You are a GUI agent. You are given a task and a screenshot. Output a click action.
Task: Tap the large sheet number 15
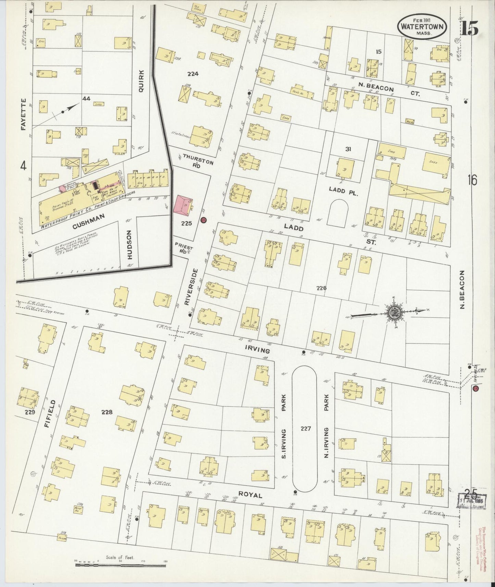(x=469, y=28)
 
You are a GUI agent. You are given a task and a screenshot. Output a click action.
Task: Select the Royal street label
(x=250, y=495)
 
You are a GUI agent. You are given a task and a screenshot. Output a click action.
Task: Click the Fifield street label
(x=50, y=413)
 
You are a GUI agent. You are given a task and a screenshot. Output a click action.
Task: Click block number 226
(x=321, y=288)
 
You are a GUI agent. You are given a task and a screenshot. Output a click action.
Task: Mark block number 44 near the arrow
(x=86, y=99)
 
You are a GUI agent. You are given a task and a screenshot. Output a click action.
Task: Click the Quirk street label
(x=141, y=80)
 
